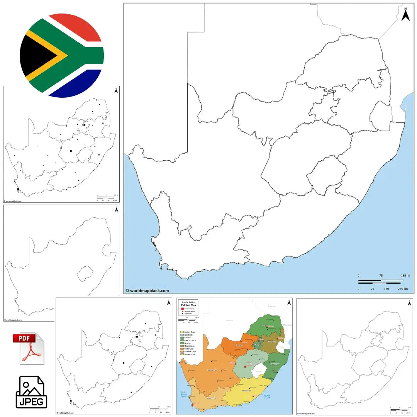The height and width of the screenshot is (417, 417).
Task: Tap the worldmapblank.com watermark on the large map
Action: point(147,291)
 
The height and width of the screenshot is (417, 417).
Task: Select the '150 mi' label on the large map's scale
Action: point(405,275)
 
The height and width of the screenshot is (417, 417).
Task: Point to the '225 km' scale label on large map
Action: point(403,288)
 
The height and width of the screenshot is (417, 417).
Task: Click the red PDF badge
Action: point(24,339)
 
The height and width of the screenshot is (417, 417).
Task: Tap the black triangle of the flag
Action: point(37,56)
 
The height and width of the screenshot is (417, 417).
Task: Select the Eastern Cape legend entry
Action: point(188,332)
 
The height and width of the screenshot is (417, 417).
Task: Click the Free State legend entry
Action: point(187,335)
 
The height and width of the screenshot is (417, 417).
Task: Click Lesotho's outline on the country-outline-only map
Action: point(85,273)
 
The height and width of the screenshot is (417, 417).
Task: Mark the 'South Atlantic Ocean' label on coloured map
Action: point(184,394)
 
